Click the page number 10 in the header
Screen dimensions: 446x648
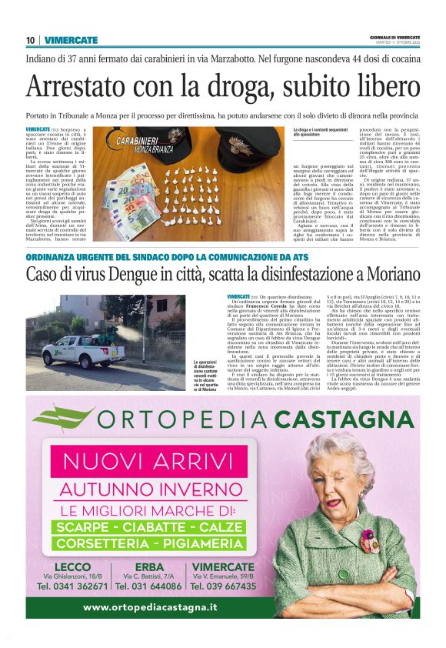click(30, 40)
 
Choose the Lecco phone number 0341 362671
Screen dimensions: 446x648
click(72, 586)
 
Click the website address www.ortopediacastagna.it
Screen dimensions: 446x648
click(150, 607)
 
